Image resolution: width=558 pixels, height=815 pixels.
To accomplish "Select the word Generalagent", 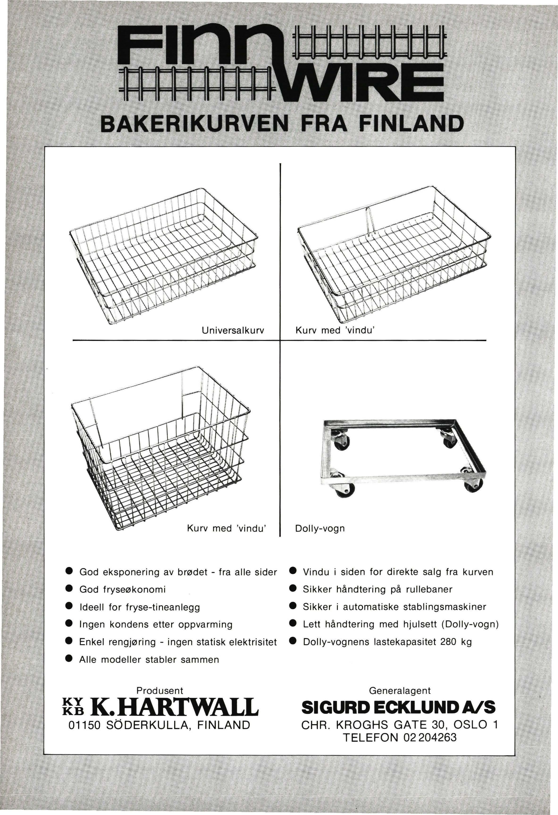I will tap(400, 691).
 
